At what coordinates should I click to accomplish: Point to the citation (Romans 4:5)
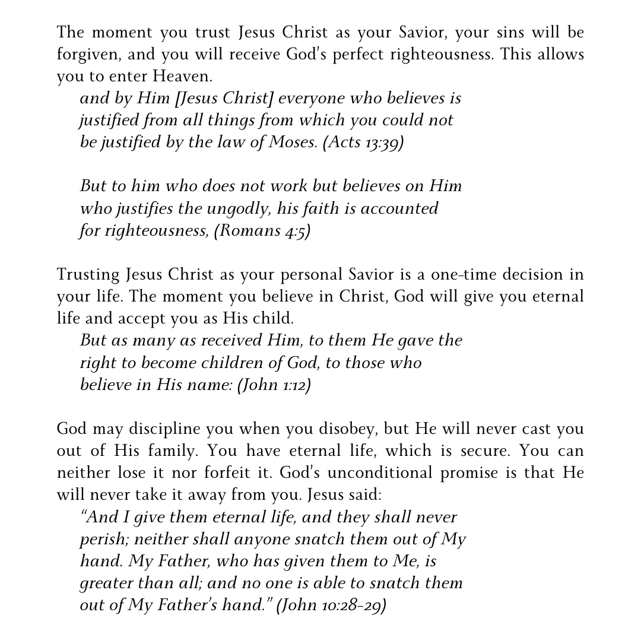tap(262, 230)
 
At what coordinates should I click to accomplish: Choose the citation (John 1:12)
tap(274, 385)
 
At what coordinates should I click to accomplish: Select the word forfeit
tap(232, 472)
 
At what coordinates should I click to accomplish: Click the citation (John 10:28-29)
tap(332, 605)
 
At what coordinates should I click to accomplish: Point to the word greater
tap(106, 583)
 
